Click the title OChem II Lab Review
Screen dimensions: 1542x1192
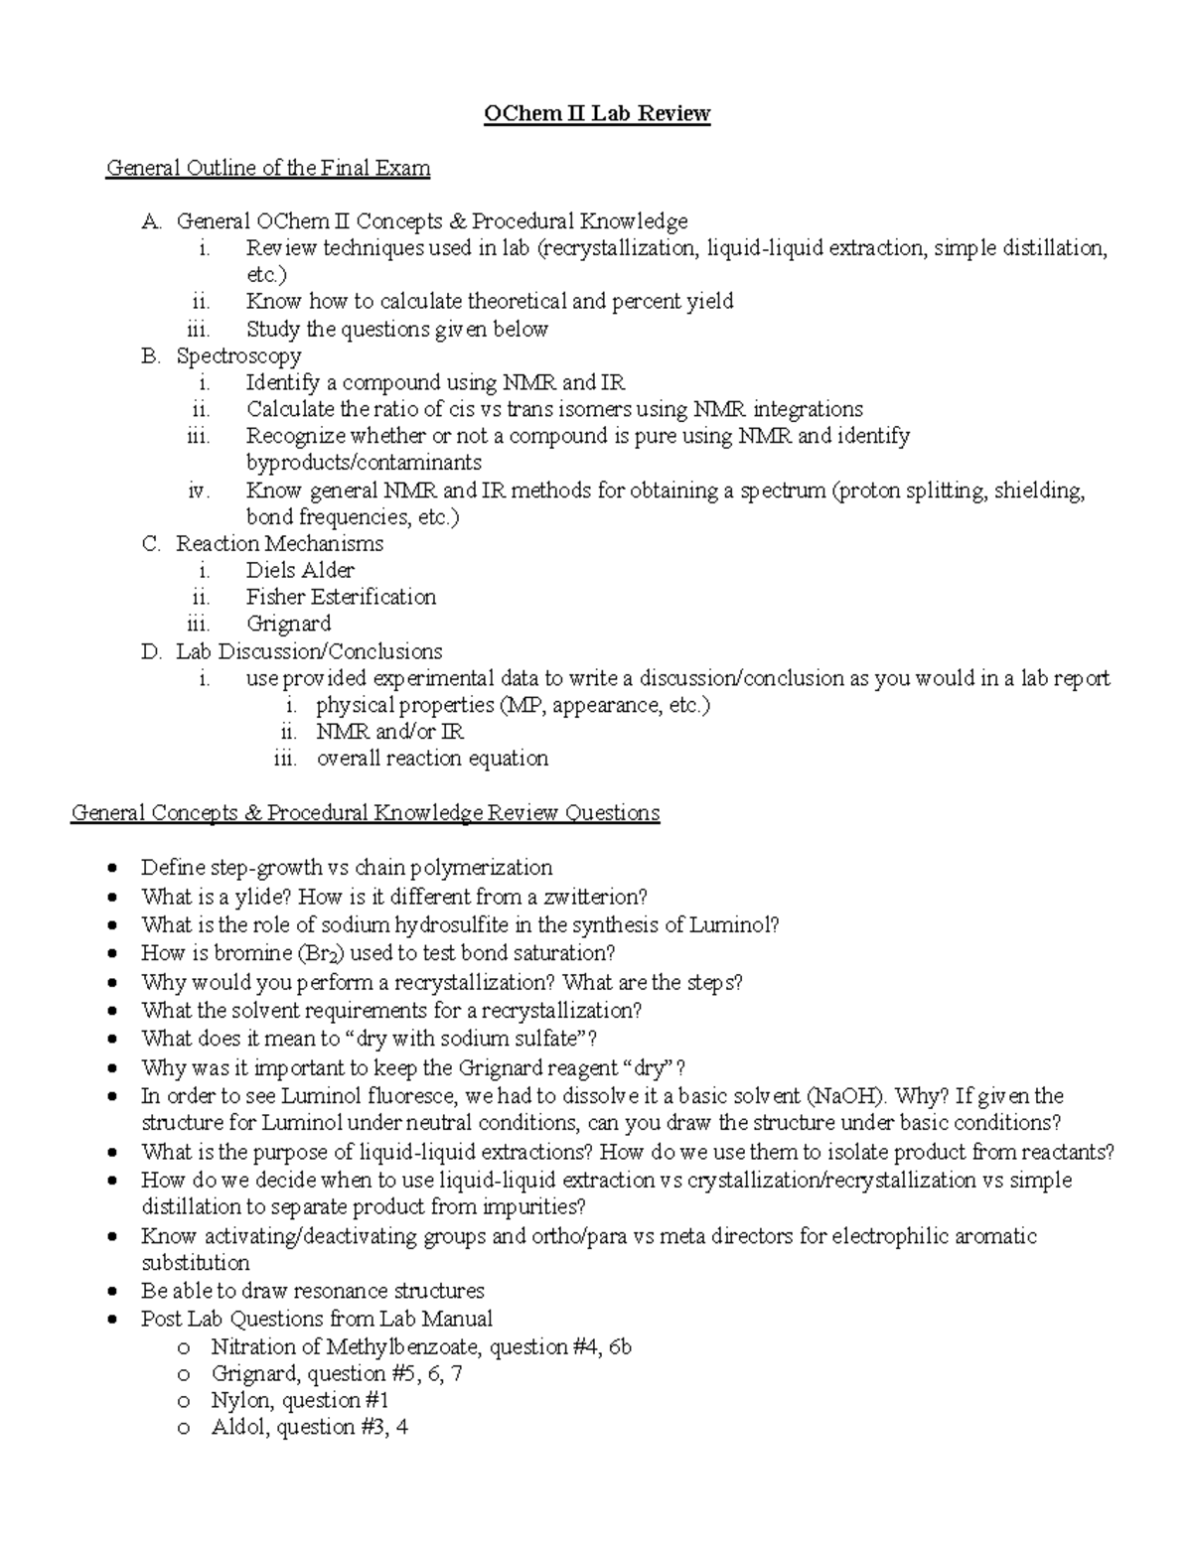pos(596,114)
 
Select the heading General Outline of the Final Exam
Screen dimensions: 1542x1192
pos(268,168)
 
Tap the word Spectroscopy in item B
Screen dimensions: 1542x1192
pos(238,355)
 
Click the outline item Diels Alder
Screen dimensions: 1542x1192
pos(300,570)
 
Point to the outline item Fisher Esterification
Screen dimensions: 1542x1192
pos(341,597)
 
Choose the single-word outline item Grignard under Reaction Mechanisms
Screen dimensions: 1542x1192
pos(288,624)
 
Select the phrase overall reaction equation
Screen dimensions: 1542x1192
pos(432,759)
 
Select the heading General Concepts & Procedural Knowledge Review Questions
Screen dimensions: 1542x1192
pos(366,813)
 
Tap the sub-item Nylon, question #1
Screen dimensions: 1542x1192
pos(299,1400)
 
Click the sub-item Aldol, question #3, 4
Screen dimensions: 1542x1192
pos(309,1427)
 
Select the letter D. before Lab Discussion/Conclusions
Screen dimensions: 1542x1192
pos(151,651)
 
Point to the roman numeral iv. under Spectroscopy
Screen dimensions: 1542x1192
pos(199,491)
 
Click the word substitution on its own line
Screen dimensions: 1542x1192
pos(195,1263)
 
